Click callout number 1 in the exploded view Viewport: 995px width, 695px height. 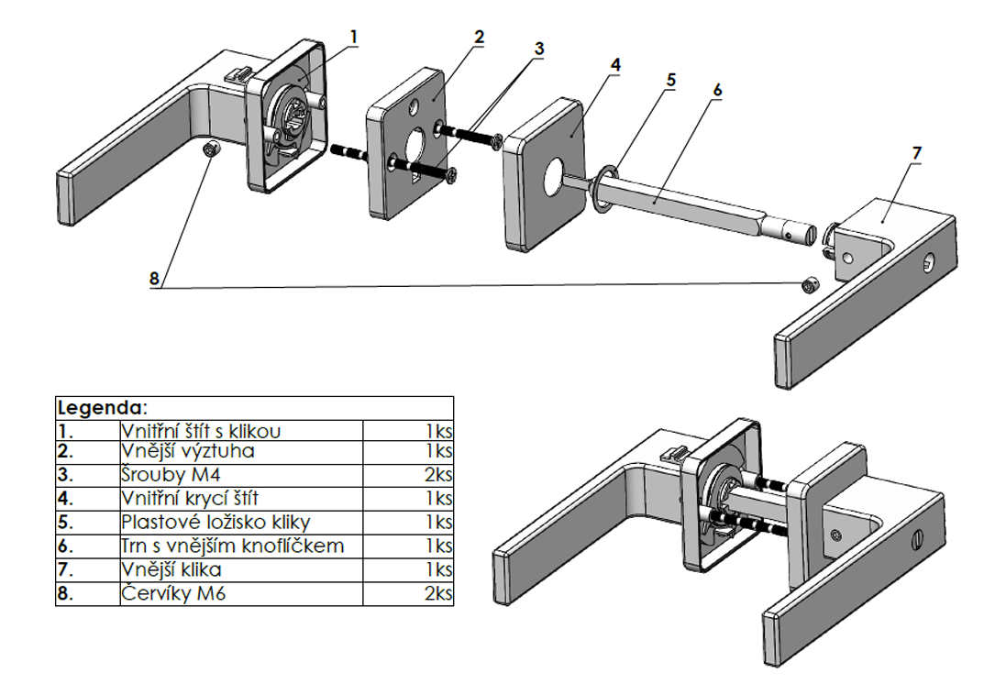pyautogui.click(x=354, y=37)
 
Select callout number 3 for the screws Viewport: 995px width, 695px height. pyautogui.click(x=539, y=48)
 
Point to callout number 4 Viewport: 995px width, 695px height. pyautogui.click(x=615, y=64)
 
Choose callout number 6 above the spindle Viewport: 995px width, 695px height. pyautogui.click(x=717, y=90)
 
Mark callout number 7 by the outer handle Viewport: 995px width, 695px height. pyautogui.click(x=916, y=151)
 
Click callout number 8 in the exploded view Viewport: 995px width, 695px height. pyautogui.click(x=154, y=277)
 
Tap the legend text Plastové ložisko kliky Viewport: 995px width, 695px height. pyautogui.click(x=216, y=523)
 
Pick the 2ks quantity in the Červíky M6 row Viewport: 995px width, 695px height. pyautogui.click(x=438, y=594)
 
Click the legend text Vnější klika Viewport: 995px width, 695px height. pyautogui.click(x=171, y=570)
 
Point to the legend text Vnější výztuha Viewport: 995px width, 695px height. pyautogui.click(x=188, y=451)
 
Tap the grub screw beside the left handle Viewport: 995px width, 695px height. pyautogui.click(x=210, y=150)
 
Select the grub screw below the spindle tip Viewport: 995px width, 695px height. pyautogui.click(x=809, y=284)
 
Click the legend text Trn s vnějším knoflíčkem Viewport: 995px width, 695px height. pyautogui.click(x=233, y=546)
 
